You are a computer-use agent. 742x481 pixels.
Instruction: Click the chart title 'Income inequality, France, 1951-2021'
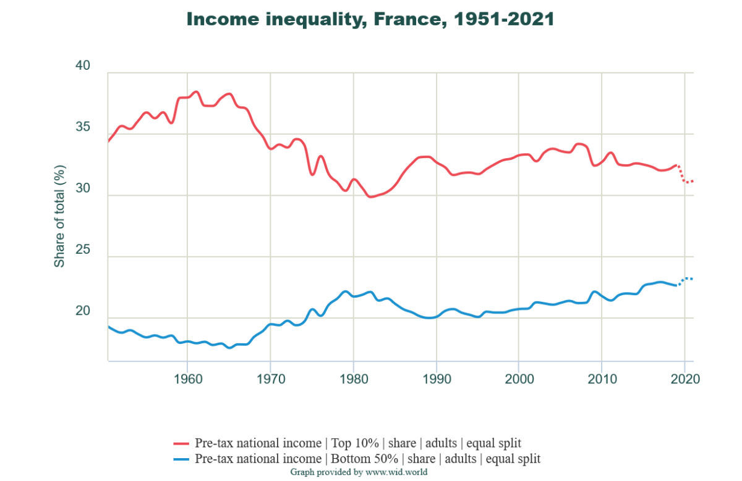[370, 19]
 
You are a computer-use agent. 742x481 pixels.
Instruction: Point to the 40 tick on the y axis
[82, 66]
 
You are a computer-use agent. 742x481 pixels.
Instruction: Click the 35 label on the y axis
[82, 128]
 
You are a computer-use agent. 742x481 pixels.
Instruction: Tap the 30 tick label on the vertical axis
[82, 189]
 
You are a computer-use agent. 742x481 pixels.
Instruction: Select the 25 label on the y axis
[82, 250]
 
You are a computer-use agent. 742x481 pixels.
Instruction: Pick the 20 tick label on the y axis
[82, 312]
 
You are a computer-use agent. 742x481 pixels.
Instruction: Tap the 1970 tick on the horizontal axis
[270, 379]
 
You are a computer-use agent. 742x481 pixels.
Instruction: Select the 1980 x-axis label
[353, 379]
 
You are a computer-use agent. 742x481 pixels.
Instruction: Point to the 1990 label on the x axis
[436, 379]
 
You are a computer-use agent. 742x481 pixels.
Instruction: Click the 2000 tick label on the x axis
[519, 379]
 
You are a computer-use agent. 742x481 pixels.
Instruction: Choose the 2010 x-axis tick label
[602, 379]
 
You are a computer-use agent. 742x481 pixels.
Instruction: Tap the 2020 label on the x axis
[684, 379]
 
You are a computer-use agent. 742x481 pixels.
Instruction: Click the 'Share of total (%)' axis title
[59, 216]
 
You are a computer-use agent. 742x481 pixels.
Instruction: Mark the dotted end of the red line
[686, 179]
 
